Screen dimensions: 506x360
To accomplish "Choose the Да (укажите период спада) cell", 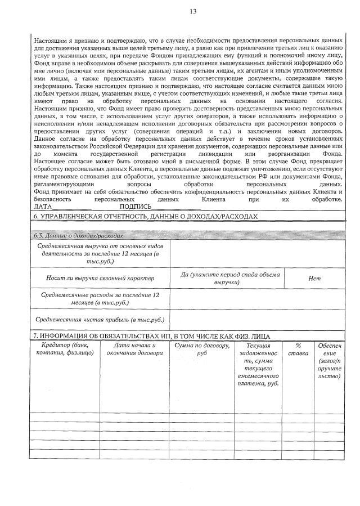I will click(x=228, y=278).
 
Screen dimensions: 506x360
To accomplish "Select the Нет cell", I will click(x=314, y=278).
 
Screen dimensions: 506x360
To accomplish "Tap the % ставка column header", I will click(x=298, y=348).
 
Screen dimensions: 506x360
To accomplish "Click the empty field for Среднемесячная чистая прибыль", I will click(x=257, y=319).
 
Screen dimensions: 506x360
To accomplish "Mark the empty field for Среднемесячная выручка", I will click(x=257, y=254).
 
